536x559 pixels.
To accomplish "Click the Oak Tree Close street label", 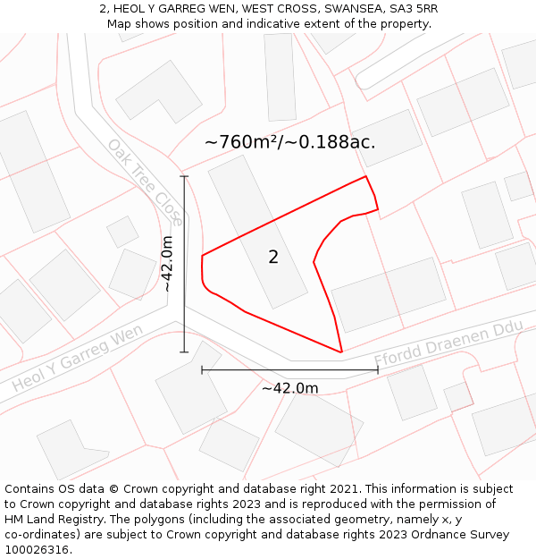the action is [145, 182].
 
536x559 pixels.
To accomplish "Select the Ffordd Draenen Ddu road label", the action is [448, 343].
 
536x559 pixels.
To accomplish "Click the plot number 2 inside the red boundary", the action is [273, 258].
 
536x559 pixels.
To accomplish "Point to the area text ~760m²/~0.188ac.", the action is [289, 142].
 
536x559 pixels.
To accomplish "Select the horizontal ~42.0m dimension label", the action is [289, 388].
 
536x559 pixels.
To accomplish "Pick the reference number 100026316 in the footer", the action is [36, 550].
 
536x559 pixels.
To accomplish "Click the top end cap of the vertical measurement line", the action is [184, 176].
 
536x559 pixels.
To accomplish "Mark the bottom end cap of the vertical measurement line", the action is [184, 352].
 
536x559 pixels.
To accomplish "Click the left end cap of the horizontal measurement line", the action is [202, 369].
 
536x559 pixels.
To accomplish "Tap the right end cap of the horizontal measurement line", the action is [378, 369].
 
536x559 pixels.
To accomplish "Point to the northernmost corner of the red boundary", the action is [366, 176].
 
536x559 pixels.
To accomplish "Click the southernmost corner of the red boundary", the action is [341, 352].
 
